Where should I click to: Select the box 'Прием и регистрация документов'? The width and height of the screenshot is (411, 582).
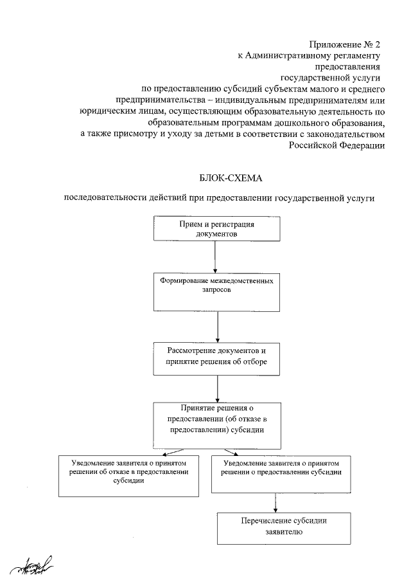[x=216, y=230]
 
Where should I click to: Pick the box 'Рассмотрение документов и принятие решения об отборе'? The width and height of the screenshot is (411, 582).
[x=217, y=358]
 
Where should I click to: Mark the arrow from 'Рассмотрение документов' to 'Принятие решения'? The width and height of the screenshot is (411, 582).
[x=218, y=388]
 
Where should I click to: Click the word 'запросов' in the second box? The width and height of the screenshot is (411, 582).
[x=217, y=291]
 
